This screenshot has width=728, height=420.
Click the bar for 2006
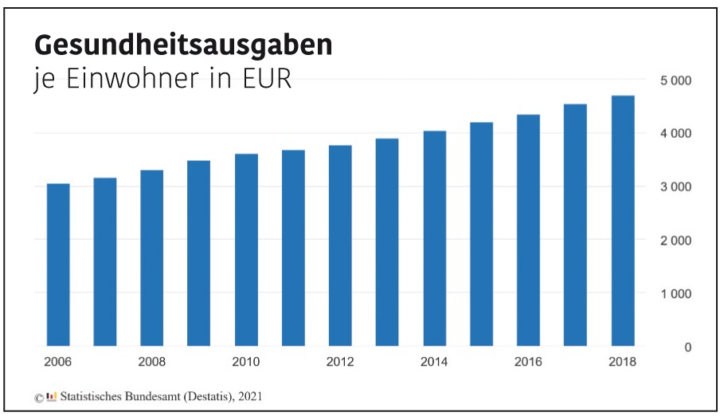[x=58, y=265]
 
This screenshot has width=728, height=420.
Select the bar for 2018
[x=623, y=222]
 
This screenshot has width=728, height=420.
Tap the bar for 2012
[x=340, y=246]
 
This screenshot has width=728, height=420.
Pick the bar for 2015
[x=482, y=234]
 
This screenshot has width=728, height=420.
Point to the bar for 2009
[x=199, y=253]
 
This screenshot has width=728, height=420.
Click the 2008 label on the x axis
[x=152, y=363]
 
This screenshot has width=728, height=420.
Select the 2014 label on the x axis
[x=434, y=363]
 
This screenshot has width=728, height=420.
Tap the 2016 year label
[x=528, y=363]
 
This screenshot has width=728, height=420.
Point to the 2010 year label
[x=246, y=363]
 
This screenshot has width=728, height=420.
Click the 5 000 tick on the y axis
[x=675, y=80]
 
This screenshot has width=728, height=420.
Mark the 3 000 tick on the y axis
[x=675, y=187]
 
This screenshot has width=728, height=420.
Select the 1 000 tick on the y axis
[x=675, y=294]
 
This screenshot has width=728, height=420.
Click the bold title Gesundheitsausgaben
[x=182, y=45]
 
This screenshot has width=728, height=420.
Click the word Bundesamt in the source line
[x=159, y=395]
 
